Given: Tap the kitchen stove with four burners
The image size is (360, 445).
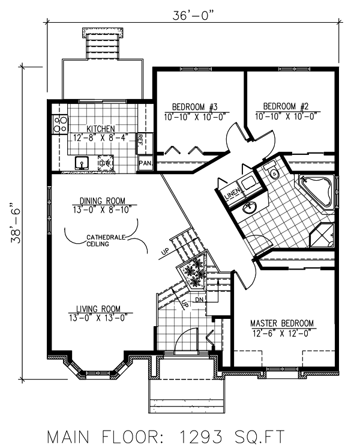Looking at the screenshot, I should pyautogui.click(x=60, y=124).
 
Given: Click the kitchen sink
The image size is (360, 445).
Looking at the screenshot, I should pyautogui.click(x=82, y=163).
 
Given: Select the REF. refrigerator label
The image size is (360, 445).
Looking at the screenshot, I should pyautogui.click(x=140, y=140).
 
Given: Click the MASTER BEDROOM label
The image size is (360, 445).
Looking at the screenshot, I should pyautogui.click(x=281, y=324).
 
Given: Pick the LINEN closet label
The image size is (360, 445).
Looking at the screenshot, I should pyautogui.click(x=232, y=194).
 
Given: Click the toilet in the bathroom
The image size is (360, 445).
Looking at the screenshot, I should pyautogui.click(x=274, y=174).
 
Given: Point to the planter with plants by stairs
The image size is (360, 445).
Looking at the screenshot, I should pyautogui.click(x=194, y=273).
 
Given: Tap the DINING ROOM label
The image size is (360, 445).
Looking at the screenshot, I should pyautogui.click(x=102, y=201).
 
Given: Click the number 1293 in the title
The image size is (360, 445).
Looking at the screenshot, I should pyautogui.click(x=206, y=434).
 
